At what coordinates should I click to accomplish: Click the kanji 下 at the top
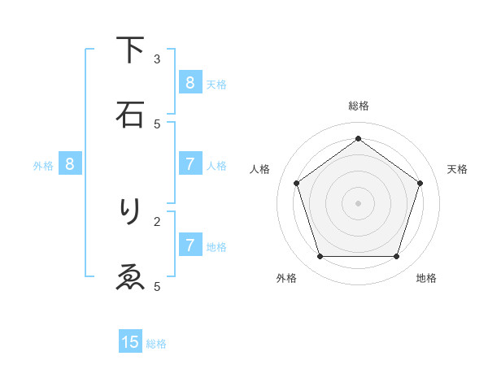131,51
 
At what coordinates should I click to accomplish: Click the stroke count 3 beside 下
157,59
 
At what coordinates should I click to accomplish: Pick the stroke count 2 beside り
157,220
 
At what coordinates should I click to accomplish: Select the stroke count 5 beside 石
157,124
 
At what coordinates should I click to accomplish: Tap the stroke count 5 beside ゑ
157,286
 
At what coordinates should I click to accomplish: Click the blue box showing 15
130,342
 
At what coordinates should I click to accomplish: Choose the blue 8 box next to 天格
190,82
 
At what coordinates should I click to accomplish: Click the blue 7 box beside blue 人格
190,164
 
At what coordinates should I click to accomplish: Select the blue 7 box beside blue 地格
190,245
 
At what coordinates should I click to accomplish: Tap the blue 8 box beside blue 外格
70,164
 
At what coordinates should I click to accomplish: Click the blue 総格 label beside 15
156,344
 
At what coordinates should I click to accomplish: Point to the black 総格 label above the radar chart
359,106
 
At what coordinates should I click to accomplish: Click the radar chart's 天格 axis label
458,169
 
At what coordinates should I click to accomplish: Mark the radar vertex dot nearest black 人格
297,183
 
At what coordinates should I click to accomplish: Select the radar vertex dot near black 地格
396,257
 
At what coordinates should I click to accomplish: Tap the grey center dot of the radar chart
358,202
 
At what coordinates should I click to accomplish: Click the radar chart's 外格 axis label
286,278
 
